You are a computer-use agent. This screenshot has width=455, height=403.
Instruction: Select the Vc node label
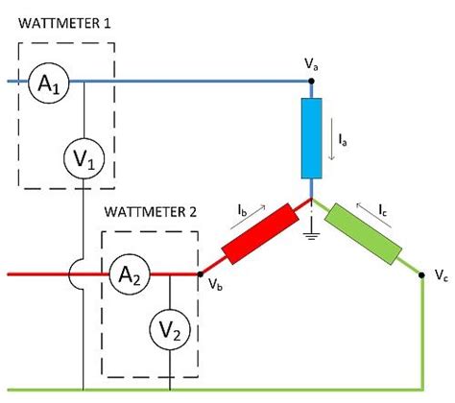coord(441,274)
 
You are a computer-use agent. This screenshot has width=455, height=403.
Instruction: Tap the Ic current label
coord(382,206)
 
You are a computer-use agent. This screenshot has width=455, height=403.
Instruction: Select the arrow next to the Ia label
coord(331,144)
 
